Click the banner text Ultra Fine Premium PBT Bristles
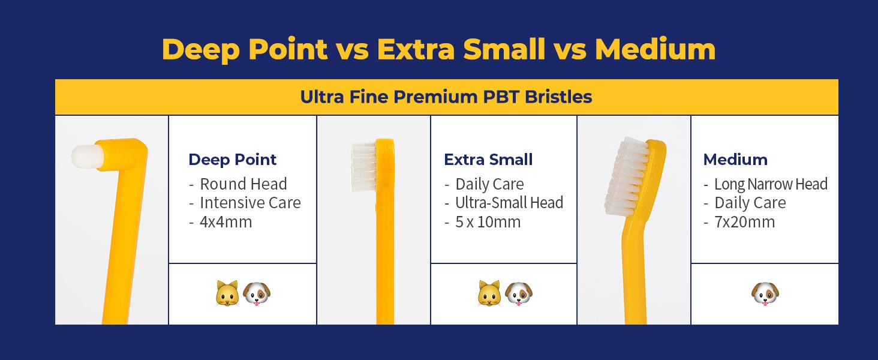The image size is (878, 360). [x=446, y=97]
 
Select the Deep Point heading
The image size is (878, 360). [x=233, y=160]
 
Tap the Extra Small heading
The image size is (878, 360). [x=488, y=160]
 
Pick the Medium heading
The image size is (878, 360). [x=735, y=160]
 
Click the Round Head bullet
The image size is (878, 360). [x=243, y=184]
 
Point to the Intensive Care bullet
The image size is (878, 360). [x=250, y=203]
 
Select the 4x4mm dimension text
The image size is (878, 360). [x=225, y=222]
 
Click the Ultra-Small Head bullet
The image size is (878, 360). [x=509, y=203]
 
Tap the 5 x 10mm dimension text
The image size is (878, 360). [x=488, y=222]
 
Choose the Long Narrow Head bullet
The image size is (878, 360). [x=771, y=184]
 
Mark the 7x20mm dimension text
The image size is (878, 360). [x=744, y=222]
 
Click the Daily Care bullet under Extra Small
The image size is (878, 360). [x=489, y=184]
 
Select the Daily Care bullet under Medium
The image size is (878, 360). [x=750, y=203]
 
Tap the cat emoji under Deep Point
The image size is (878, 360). [x=227, y=294]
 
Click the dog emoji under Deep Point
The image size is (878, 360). [x=257, y=294]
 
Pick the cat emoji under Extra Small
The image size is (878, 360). [x=489, y=294]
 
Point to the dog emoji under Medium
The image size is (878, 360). [x=764, y=294]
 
